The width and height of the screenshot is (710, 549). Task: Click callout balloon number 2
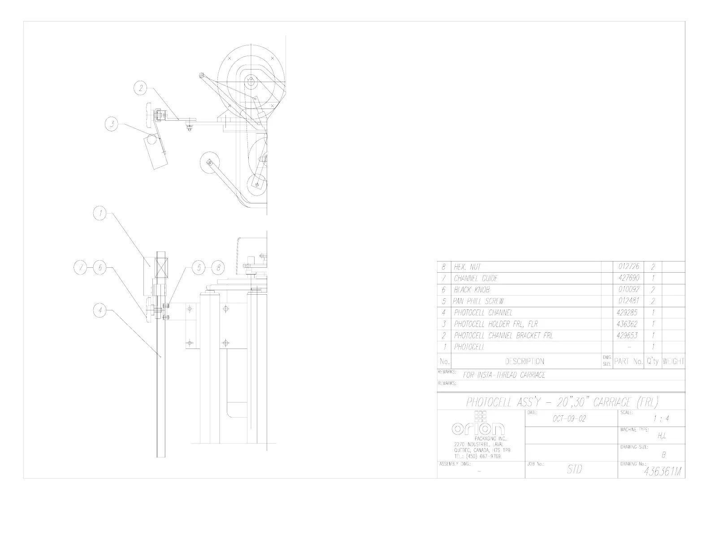coord(141,88)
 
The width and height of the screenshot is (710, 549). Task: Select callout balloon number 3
coord(112,124)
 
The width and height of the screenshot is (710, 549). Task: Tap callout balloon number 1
coord(101,214)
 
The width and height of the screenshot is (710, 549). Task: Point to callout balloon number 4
coord(101,309)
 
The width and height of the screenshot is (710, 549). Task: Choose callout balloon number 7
coord(81,268)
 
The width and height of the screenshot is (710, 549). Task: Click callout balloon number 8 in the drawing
coord(218,268)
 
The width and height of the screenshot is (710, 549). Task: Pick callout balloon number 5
coord(199,268)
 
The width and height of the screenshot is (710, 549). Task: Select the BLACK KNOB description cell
coord(472,290)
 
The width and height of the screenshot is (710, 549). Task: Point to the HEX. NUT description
coord(467,267)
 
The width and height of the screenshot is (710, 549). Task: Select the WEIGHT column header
coord(673,361)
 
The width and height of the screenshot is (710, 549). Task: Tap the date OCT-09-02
coord(568,419)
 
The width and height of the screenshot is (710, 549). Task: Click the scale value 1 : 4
coord(661,419)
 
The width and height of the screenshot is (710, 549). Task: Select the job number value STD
coord(574,470)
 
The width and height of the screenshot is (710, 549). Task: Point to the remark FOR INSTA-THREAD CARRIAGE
coord(504,375)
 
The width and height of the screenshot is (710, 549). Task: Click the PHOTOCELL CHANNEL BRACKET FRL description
coord(503,335)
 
